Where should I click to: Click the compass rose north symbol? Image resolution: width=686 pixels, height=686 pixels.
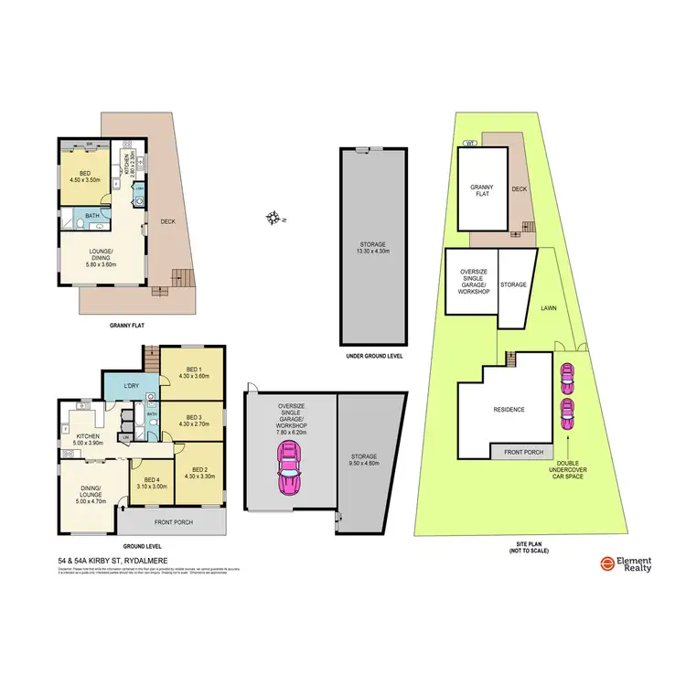(x=273, y=218)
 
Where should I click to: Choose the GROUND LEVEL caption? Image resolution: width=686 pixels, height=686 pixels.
(x=142, y=542)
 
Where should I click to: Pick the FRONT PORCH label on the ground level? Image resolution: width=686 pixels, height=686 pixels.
(x=172, y=522)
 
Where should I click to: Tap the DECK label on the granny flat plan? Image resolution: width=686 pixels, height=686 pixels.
(x=168, y=220)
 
